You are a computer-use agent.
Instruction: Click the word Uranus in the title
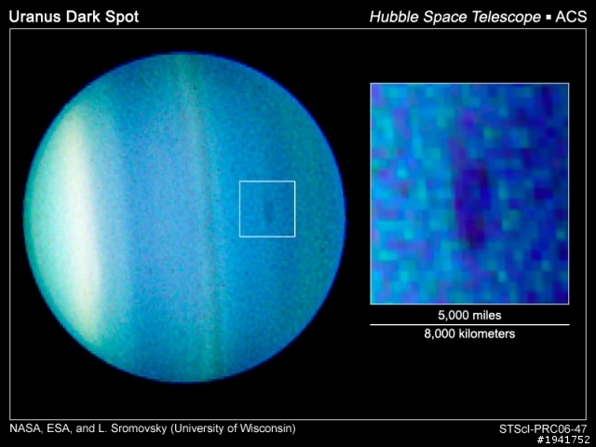click(35, 17)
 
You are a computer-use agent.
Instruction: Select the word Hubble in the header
click(394, 17)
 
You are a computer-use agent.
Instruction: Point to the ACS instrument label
click(571, 17)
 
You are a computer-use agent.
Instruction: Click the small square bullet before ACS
click(549, 18)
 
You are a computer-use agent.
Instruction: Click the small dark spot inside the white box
click(269, 211)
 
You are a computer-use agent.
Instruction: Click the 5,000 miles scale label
click(469, 315)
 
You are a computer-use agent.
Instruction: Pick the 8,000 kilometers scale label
click(469, 333)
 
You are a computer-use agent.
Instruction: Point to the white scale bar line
click(469, 325)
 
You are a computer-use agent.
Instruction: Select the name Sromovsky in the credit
click(139, 428)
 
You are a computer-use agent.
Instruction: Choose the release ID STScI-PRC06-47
click(543, 429)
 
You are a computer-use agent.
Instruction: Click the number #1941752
click(563, 440)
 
